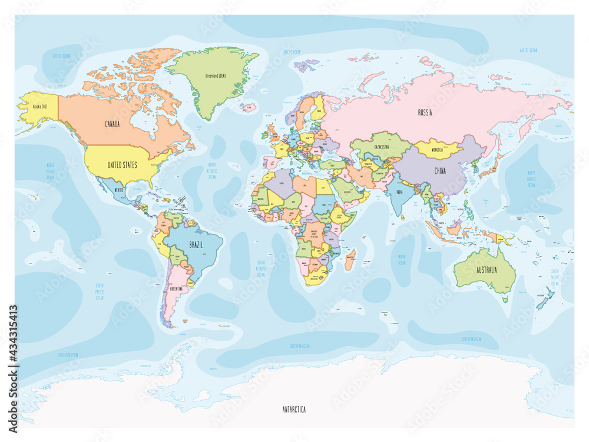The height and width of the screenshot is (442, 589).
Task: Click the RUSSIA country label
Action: point(425,113)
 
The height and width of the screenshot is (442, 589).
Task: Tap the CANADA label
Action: point(112,124)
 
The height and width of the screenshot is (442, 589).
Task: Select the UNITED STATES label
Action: point(122,165)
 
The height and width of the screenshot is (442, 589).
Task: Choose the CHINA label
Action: point(439,171)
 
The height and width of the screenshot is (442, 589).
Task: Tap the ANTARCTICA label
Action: point(293,409)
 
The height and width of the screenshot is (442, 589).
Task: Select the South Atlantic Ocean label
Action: point(262,269)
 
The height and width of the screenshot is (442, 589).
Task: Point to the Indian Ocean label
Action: point(402,259)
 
